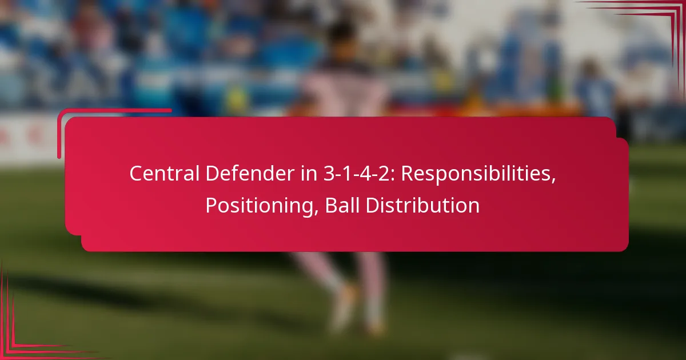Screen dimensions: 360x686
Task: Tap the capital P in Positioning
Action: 211,205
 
